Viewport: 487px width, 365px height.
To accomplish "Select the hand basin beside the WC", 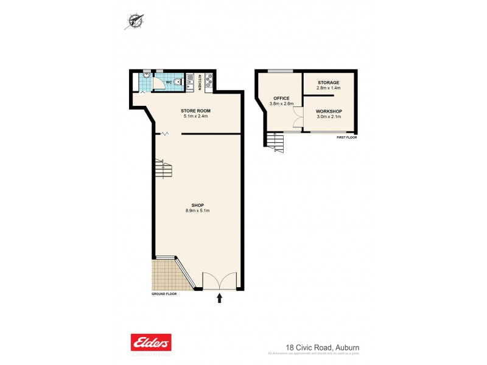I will (146, 75).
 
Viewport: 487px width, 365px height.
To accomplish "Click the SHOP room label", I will (197, 205).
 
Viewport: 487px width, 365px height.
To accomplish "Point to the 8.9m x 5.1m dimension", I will (197, 210).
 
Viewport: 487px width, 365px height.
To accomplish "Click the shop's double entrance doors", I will (220, 281).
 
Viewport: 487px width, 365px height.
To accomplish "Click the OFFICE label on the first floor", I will (281, 98).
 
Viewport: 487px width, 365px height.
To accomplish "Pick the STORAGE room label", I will (328, 82).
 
